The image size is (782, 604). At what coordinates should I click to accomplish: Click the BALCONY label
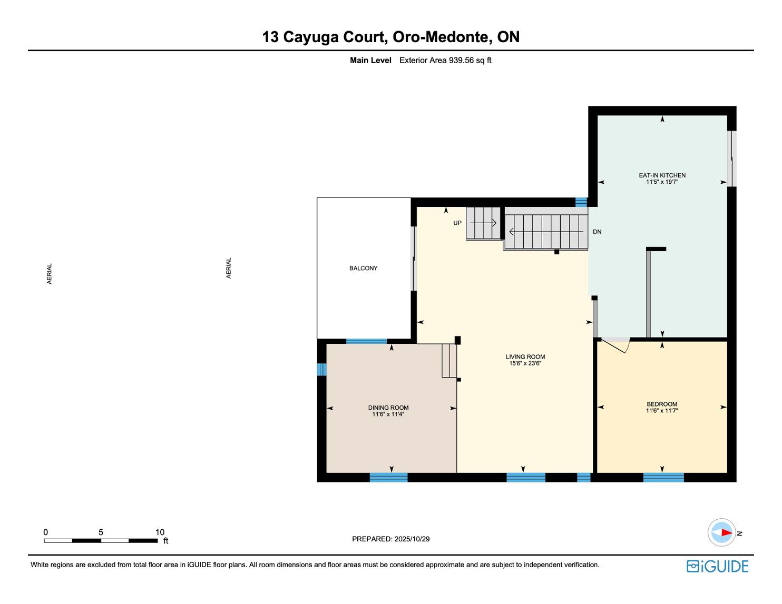(x=363, y=268)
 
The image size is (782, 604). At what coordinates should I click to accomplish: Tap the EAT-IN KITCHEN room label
(x=662, y=175)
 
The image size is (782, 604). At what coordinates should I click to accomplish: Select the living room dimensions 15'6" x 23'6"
(x=525, y=363)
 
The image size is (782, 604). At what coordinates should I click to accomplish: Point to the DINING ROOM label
(x=388, y=408)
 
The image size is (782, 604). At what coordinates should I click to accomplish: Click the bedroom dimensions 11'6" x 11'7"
(x=662, y=411)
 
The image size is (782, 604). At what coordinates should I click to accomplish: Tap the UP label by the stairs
(x=457, y=223)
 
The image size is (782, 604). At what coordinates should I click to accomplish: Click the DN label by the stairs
(x=597, y=232)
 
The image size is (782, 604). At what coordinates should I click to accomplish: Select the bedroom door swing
(x=616, y=346)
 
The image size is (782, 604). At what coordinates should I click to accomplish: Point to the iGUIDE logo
(x=717, y=566)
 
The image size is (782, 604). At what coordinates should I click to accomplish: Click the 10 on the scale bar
(x=160, y=532)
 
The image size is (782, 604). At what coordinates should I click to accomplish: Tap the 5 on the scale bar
(x=101, y=532)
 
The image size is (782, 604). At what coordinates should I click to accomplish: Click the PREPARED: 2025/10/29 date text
(x=390, y=539)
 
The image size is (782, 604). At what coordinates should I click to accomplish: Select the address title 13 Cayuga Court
(x=325, y=37)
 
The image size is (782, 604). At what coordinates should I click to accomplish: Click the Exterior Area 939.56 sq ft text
(x=445, y=61)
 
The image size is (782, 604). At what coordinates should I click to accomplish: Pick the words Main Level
(x=370, y=61)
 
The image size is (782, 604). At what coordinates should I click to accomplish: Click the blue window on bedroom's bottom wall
(x=663, y=478)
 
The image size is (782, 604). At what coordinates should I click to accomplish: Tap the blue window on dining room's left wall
(x=322, y=369)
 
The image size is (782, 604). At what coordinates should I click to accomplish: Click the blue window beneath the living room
(x=526, y=478)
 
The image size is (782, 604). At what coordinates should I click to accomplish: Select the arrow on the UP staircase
(x=483, y=223)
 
